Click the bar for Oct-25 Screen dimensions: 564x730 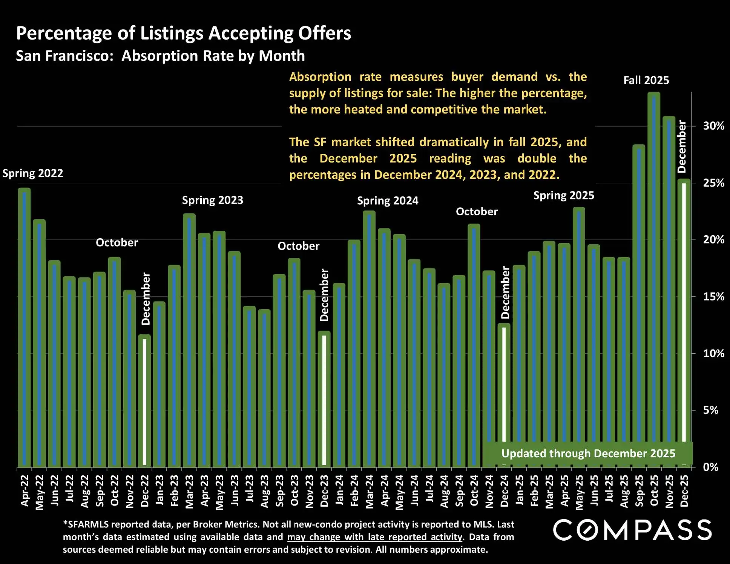pyautogui.click(x=654, y=279)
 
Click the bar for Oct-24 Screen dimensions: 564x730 pyautogui.click(x=474, y=345)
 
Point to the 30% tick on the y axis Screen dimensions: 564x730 pyautogui.click(x=693, y=126)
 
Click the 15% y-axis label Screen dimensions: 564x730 pyautogui.click(x=713, y=297)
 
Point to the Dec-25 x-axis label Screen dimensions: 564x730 pyautogui.click(x=684, y=490)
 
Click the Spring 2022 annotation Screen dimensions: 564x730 pyautogui.click(x=33, y=173)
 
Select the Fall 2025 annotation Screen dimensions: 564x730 pyautogui.click(x=646, y=80)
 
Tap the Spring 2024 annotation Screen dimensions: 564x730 pyautogui.click(x=388, y=201)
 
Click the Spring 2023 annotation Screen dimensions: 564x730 pyautogui.click(x=213, y=200)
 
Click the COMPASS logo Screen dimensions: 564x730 pyautogui.click(x=632, y=530)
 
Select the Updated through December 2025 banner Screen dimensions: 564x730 pyautogui.click(x=588, y=454)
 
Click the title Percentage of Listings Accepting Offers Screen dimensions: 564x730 pyautogui.click(x=184, y=33)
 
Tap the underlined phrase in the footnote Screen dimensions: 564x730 pyautogui.click(x=374, y=537)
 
